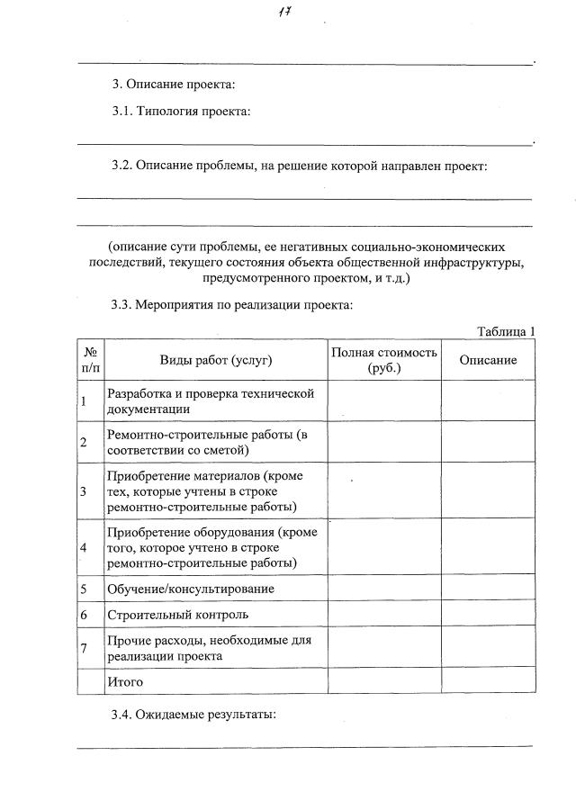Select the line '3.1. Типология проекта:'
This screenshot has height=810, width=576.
point(181,112)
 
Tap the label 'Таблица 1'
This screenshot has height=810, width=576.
point(506,331)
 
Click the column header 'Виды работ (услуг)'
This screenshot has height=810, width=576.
point(216,360)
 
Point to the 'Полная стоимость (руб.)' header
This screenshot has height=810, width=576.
point(384,360)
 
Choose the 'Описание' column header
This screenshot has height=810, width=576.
point(488,360)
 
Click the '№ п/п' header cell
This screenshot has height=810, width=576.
point(91,360)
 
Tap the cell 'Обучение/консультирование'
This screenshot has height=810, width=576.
point(190,589)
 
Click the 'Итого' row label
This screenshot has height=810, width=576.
point(125,682)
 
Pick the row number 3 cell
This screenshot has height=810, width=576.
point(84,491)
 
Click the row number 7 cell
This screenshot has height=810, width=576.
point(84,649)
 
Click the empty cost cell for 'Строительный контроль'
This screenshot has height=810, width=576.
point(384,616)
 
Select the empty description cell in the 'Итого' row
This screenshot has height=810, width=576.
point(488,682)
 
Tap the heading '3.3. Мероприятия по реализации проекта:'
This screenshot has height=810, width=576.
point(231,305)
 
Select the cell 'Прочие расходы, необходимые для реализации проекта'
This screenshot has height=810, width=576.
point(209,649)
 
